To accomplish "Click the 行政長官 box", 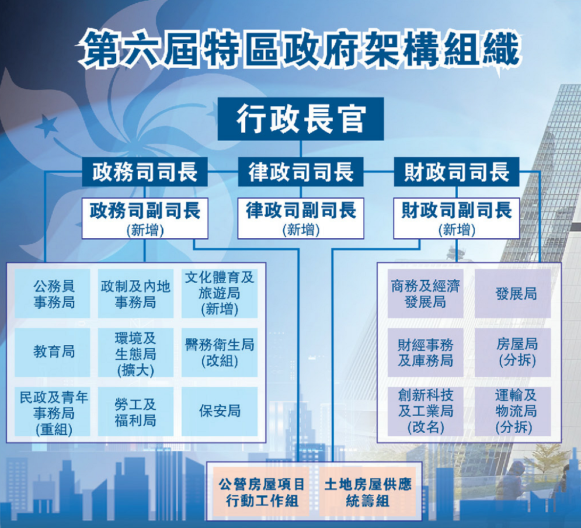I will point(301,119).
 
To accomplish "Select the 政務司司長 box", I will point(144,172).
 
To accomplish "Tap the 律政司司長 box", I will point(301,172).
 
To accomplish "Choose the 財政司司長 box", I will point(457,172).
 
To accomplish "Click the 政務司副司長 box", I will point(145,218).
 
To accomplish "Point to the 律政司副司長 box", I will point(301,218).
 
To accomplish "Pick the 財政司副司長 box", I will point(457,218).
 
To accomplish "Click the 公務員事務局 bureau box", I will point(53,293).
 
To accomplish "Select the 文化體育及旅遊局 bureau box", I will point(220,293).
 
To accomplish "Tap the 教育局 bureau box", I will point(53,352).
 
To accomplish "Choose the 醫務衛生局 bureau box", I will point(220,352).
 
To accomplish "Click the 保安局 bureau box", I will point(220,411).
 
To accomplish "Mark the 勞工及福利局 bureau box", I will point(135,411).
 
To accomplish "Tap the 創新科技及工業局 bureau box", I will point(425,411).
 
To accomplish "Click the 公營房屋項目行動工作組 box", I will point(262,492).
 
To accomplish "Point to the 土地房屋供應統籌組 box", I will point(367,492).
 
